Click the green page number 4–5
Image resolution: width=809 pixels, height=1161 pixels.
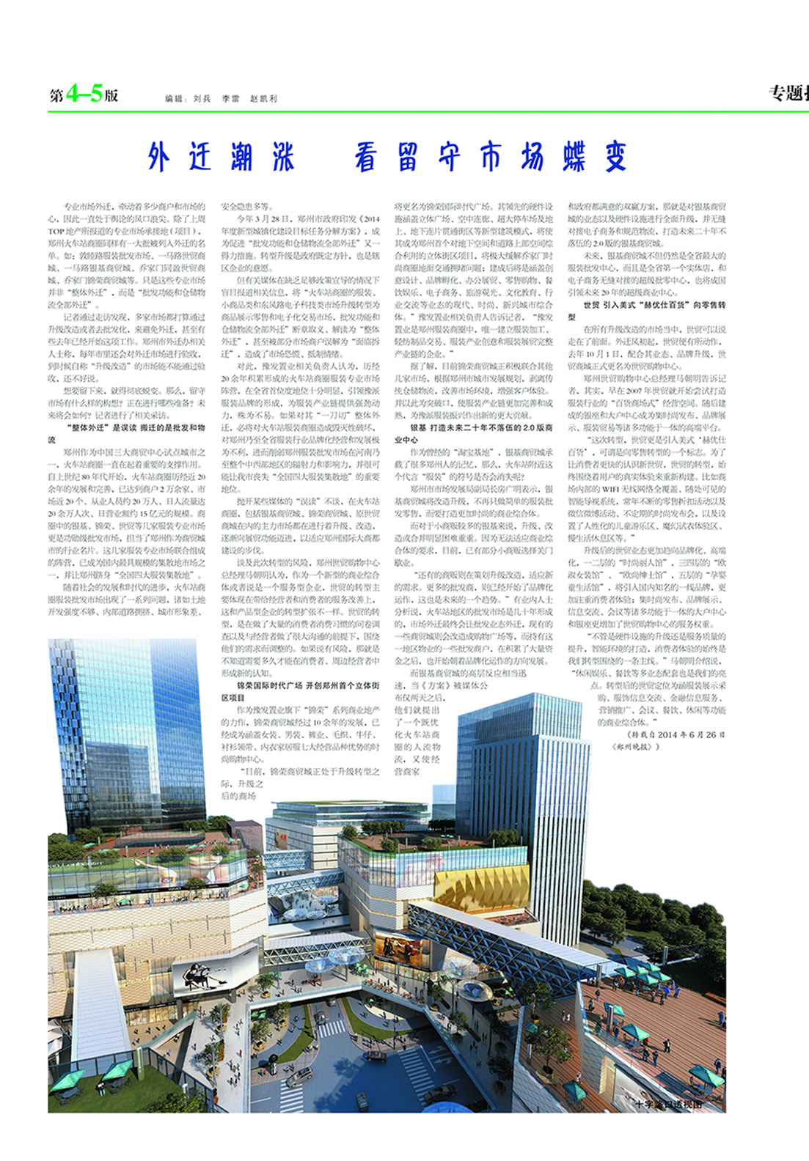tap(84, 94)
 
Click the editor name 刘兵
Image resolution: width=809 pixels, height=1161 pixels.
tap(202, 98)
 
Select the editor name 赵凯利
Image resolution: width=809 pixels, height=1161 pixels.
tap(263, 98)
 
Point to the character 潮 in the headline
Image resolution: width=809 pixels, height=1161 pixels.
tap(241, 156)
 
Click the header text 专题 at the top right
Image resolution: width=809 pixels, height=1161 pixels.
tap(786, 93)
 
